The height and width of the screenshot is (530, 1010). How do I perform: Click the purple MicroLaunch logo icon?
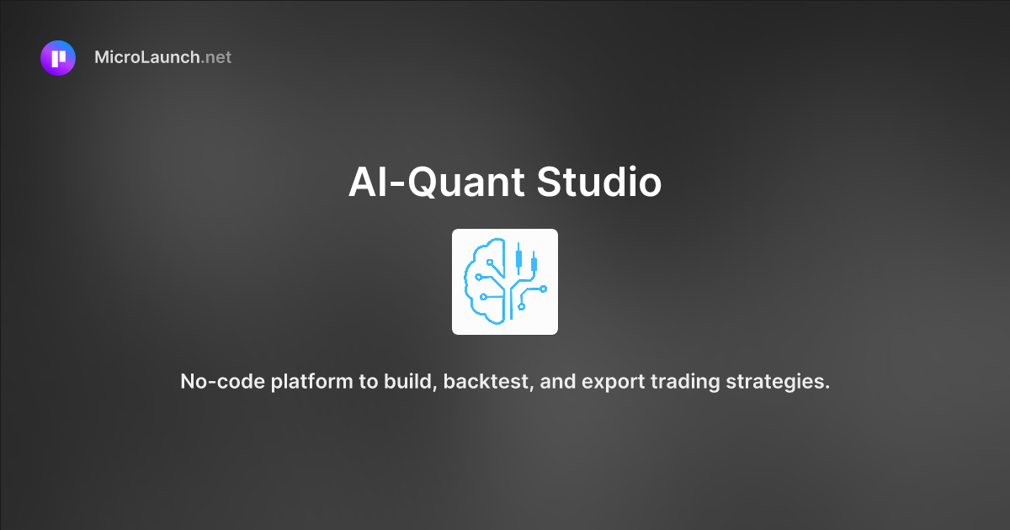58,58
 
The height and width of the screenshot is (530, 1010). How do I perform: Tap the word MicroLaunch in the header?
147,58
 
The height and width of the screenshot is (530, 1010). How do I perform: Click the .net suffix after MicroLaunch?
216,58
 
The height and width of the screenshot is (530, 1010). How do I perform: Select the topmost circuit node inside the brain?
490,262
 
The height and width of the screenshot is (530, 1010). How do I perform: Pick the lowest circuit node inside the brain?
482,296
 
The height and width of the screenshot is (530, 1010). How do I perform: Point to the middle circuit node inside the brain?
478,276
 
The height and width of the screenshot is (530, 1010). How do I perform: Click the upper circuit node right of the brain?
543,289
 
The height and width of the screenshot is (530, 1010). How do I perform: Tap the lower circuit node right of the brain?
522,306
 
